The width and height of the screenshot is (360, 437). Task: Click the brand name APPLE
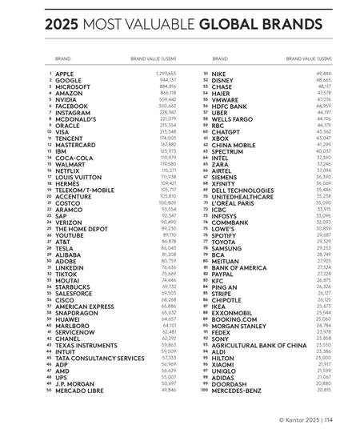65,73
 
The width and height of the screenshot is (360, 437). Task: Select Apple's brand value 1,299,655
164,73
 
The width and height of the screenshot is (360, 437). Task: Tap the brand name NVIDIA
66,99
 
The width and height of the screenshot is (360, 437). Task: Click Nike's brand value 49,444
323,73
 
